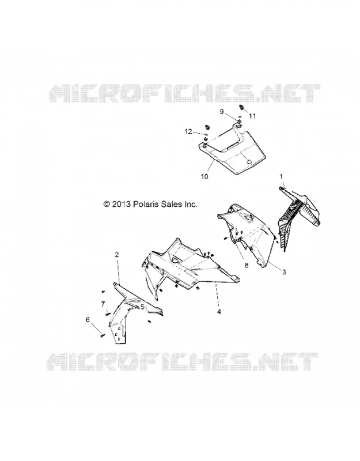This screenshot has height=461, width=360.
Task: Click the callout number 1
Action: pyautogui.click(x=281, y=176)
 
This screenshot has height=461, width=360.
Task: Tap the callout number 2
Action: pyautogui.click(x=117, y=255)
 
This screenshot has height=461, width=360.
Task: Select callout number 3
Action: pyautogui.click(x=284, y=272)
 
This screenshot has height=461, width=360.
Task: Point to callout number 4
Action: pyautogui.click(x=219, y=312)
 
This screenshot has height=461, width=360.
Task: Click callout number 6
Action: pyautogui.click(x=88, y=320)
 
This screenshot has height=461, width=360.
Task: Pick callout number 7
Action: pyautogui.click(x=103, y=304)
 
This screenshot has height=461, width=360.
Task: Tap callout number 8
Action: pyautogui.click(x=247, y=265)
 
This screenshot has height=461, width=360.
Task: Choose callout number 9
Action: pyautogui.click(x=222, y=112)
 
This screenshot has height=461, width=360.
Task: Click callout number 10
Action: pyautogui.click(x=204, y=176)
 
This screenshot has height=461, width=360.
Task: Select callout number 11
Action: pyautogui.click(x=252, y=116)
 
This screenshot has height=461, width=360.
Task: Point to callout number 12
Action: pyautogui.click(x=188, y=131)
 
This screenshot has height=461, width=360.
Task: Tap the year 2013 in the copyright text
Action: pyautogui.click(x=121, y=204)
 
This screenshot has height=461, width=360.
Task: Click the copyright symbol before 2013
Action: pyautogui.click(x=107, y=204)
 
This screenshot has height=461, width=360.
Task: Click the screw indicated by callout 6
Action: pyautogui.click(x=103, y=335)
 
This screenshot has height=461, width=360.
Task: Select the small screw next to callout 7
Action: pyautogui.click(x=107, y=314)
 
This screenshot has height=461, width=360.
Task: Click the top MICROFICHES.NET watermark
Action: pyautogui.click(x=184, y=93)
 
